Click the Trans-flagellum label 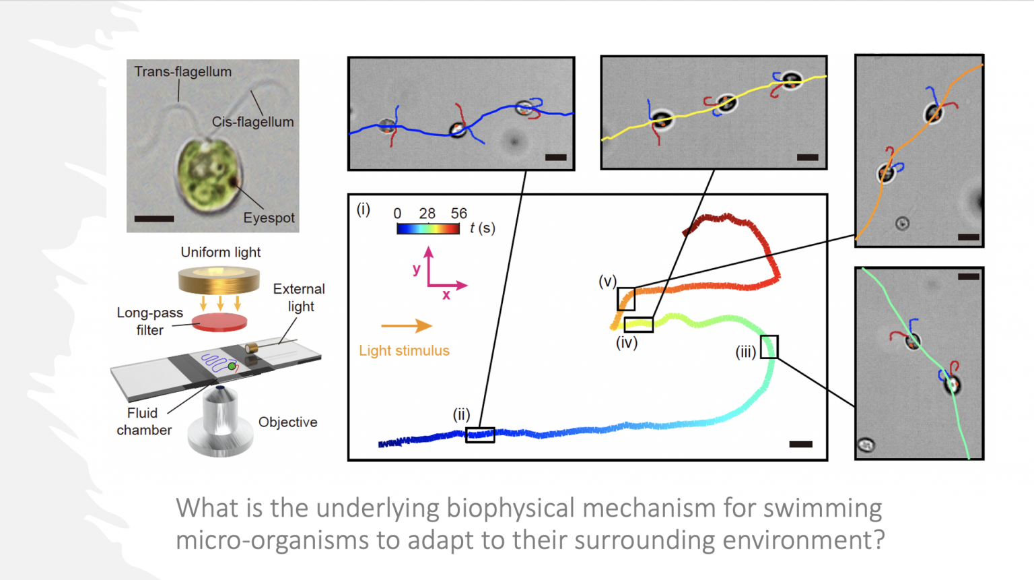182,72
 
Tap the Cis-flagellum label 252,122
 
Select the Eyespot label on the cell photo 269,218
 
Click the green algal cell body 205,172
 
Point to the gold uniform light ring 219,280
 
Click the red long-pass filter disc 219,322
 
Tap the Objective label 287,422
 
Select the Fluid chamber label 143,422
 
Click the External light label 299,297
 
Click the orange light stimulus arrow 406,326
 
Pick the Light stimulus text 404,350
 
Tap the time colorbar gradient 428,229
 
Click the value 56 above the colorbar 459,214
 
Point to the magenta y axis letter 417,269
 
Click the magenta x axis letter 446,295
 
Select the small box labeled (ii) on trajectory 480,434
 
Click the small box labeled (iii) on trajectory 769,347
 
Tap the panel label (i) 364,210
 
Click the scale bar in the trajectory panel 800,444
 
